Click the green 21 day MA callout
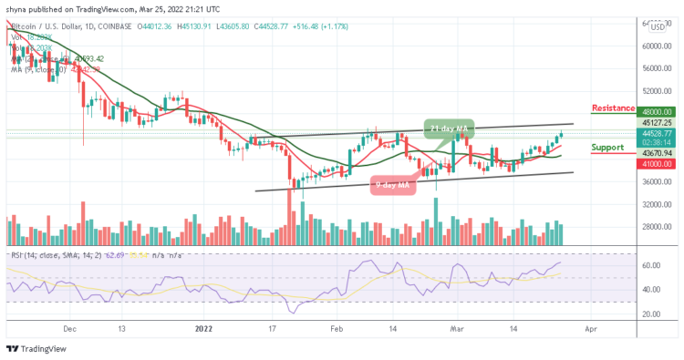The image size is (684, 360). [x=451, y=126]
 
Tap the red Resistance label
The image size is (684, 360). [x=613, y=108]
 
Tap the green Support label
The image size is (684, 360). [x=608, y=147]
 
